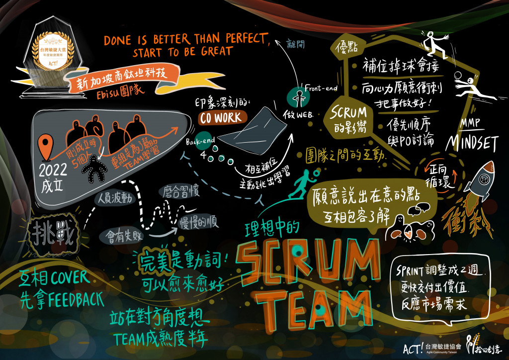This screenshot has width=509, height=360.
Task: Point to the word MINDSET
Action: click(472, 143)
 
